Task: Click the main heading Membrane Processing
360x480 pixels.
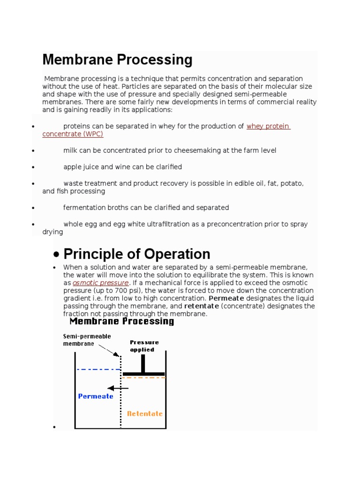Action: point(117,60)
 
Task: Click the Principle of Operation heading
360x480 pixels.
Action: point(136,254)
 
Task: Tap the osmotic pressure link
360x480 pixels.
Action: point(100,283)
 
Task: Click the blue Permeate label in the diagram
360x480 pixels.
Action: point(96,396)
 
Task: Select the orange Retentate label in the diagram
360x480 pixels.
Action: point(145,413)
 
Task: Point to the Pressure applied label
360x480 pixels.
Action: point(144,346)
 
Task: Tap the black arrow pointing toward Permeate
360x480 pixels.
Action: point(118,388)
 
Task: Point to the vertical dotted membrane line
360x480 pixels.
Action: point(121,398)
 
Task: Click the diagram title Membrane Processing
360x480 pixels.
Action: point(121,322)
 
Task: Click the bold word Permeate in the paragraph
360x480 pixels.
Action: point(226,299)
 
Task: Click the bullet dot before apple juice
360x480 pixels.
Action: point(33,167)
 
